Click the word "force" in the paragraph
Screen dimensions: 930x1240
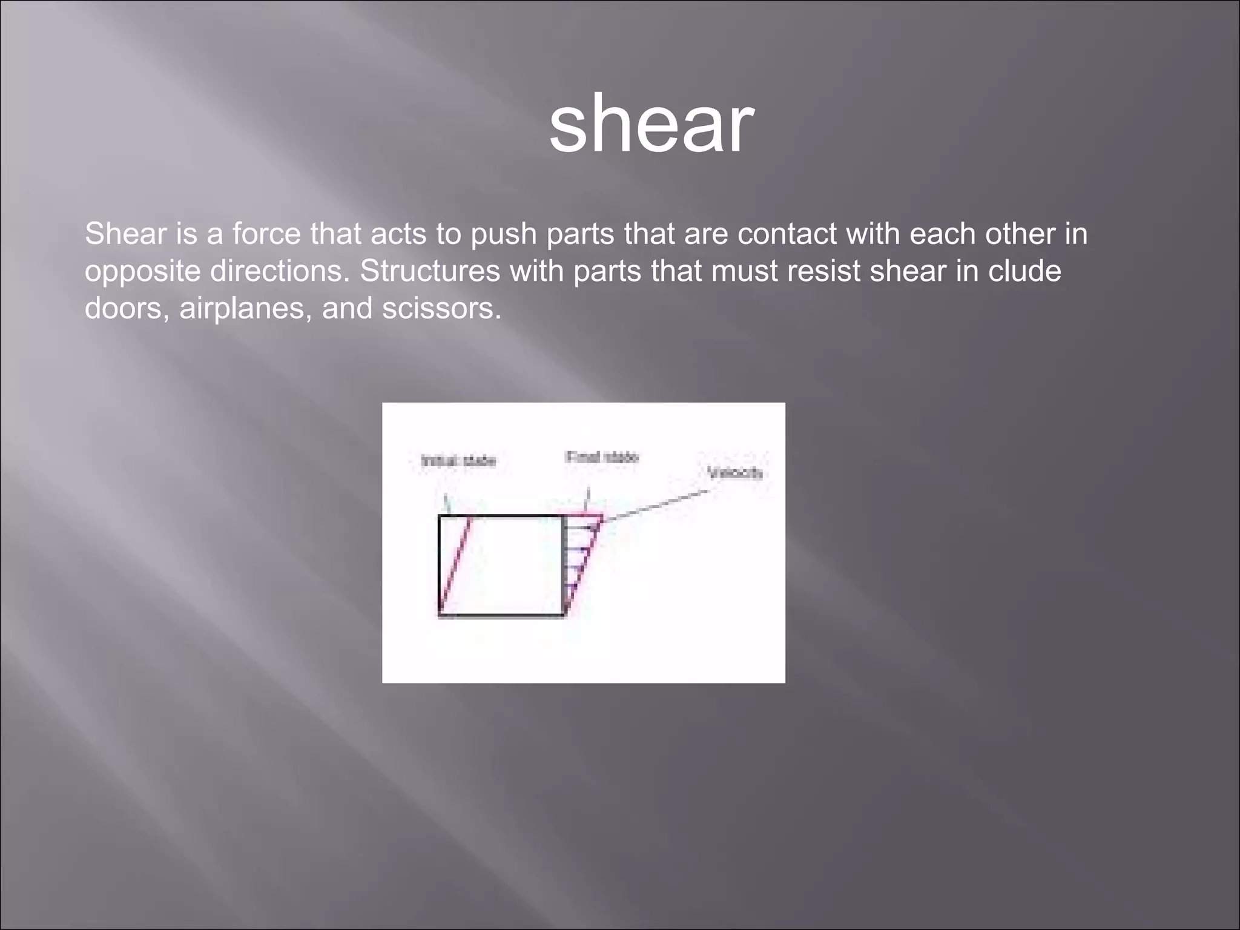(x=266, y=234)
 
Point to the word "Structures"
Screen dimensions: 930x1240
(x=430, y=271)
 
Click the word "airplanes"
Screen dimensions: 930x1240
(x=245, y=309)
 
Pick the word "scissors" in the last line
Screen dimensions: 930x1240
(x=441, y=309)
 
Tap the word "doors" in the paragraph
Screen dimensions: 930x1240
(x=126, y=309)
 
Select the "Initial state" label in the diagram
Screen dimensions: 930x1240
(x=458, y=461)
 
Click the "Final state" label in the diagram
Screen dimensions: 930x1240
(x=602, y=457)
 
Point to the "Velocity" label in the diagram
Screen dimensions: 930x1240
(x=735, y=472)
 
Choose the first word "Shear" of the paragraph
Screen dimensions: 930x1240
(x=126, y=234)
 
